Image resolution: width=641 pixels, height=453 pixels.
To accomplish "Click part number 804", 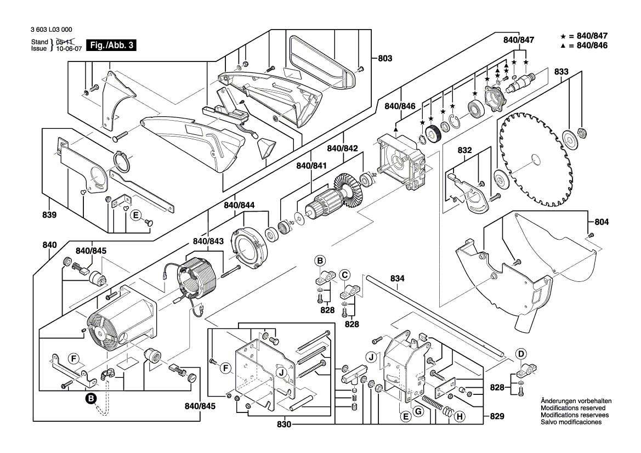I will [602, 222].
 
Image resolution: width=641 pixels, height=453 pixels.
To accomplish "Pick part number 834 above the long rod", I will [398, 279].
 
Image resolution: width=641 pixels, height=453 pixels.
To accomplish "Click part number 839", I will [50, 216].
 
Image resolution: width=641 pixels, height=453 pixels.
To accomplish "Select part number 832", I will [464, 150].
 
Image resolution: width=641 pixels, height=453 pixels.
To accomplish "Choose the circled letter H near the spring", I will [460, 417].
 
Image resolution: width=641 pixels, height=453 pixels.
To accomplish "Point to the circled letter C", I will [344, 274].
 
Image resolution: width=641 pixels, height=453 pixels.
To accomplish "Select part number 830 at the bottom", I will [284, 425].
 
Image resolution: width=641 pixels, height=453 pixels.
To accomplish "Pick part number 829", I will [497, 417].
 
